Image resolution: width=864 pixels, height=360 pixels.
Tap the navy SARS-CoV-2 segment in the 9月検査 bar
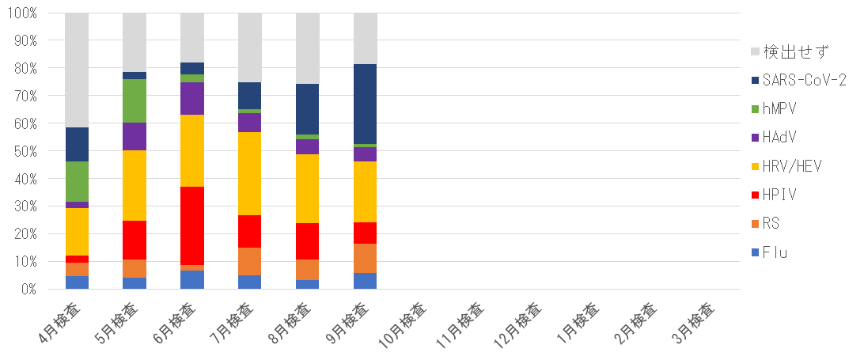[366, 104]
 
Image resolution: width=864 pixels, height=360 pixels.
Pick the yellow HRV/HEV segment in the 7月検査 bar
[250, 173]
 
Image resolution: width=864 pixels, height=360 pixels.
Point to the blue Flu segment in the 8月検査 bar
[308, 284]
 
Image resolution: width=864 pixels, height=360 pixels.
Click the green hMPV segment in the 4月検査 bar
[77, 181]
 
